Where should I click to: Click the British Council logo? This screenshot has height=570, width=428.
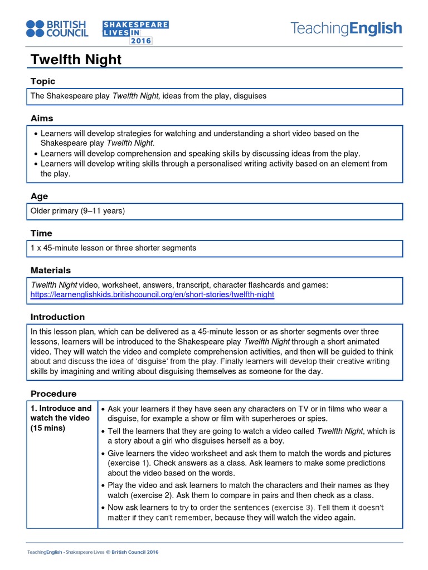click(57, 29)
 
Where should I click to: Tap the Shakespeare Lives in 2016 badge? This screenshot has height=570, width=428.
click(135, 33)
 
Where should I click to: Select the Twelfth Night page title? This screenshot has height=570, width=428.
click(76, 60)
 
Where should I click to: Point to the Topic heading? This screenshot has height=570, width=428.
click(43, 81)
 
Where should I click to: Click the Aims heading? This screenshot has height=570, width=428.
click(42, 118)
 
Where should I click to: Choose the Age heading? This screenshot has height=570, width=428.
click(39, 196)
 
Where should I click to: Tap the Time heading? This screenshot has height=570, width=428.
click(41, 233)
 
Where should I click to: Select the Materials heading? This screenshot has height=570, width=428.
click(51, 270)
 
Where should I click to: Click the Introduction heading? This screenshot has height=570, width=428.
click(57, 317)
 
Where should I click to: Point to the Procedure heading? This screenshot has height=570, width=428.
click(53, 394)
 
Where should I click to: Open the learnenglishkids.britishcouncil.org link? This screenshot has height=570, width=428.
click(152, 294)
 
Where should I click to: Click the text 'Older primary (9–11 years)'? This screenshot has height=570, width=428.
click(78, 211)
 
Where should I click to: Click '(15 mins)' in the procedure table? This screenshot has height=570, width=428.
click(48, 428)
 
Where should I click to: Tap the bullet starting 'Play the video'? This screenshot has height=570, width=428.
click(248, 490)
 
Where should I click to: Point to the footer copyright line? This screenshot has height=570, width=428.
click(93, 552)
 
